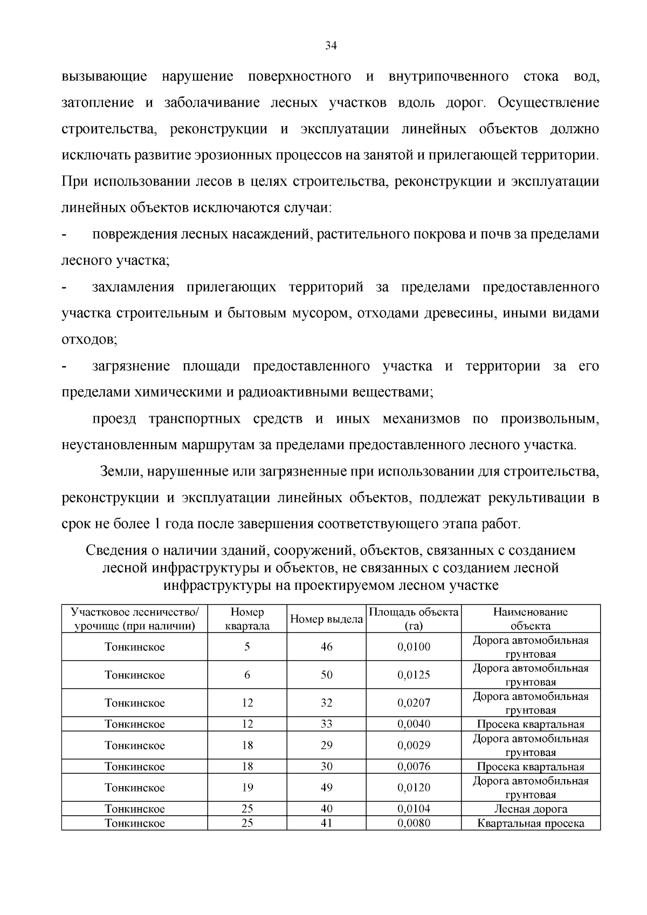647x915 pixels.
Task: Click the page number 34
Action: pos(331,46)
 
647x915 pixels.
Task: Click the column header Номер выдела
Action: pos(326,619)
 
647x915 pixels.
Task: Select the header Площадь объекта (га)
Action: pos(414,619)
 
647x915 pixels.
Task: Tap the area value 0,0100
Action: pos(414,647)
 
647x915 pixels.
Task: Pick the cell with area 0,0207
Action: pos(414,703)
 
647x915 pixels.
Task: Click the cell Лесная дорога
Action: pos(531,809)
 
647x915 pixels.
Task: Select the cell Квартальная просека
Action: pos(531,823)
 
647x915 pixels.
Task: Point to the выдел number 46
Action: pos(326,647)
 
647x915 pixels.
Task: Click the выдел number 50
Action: pos(326,675)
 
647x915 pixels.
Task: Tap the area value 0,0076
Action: pos(414,767)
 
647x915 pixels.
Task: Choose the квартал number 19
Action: pos(247,788)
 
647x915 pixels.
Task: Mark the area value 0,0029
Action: pos(414,746)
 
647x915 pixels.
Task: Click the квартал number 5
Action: pos(247,647)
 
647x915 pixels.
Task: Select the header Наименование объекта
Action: pos(531,619)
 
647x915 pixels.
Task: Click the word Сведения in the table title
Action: pos(116,551)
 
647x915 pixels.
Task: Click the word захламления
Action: pos(133,287)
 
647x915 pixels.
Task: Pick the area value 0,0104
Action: pos(414,809)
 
